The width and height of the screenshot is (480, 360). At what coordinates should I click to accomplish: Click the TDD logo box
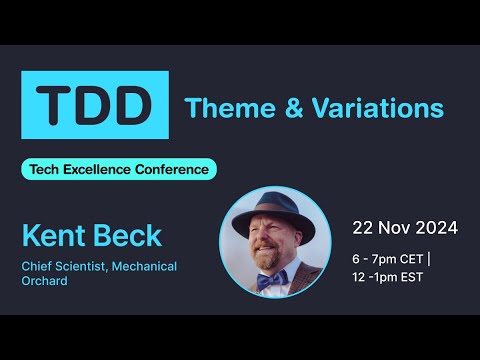tap(95, 105)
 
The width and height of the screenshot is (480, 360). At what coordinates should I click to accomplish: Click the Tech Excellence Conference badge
tap(119, 169)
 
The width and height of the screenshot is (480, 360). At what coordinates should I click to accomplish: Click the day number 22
tap(362, 228)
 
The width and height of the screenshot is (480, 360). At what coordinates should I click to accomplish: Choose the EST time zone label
tap(411, 277)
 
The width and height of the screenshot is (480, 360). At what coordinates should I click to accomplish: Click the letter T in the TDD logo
tap(56, 105)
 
